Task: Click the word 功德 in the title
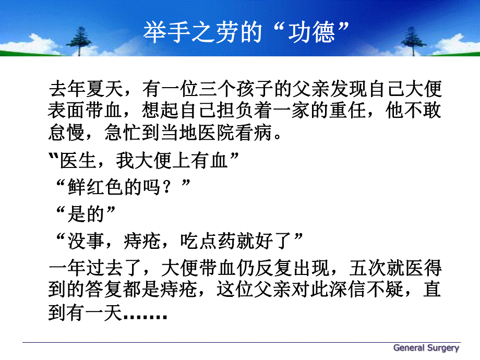click(x=311, y=32)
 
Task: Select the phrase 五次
click(x=361, y=269)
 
